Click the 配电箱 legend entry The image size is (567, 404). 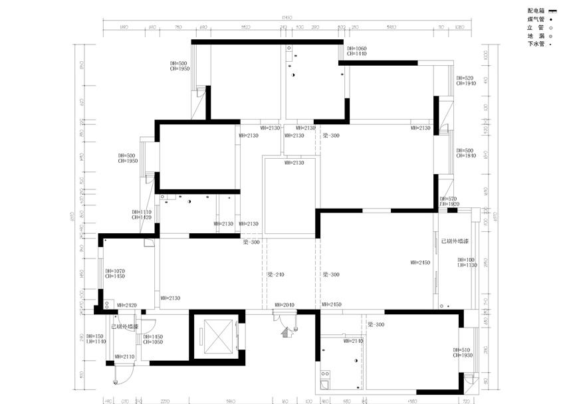[x=536, y=11]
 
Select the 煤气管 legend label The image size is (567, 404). [x=536, y=20]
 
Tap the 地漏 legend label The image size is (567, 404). [x=536, y=36]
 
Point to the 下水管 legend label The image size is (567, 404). [x=536, y=44]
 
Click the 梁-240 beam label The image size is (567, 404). [x=276, y=274]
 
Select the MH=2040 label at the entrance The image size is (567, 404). [x=284, y=305]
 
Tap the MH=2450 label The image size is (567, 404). [x=420, y=263]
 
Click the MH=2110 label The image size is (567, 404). [x=125, y=357]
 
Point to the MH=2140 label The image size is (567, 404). [x=353, y=340]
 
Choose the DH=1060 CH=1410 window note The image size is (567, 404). [x=356, y=51]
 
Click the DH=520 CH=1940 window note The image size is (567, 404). [x=465, y=81]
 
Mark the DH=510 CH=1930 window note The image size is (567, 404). [x=462, y=353]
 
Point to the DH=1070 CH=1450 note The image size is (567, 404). [x=115, y=273]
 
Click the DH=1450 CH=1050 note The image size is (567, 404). [x=153, y=339]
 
